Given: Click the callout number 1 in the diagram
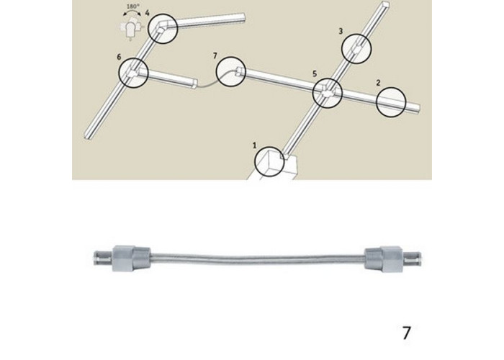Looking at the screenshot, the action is tap(255, 145).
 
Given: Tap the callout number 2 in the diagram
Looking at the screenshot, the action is tap(378, 83).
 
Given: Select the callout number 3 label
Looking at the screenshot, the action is tap(341, 31).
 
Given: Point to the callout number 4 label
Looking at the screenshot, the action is tap(147, 13).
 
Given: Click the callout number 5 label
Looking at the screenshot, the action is tap(315, 73).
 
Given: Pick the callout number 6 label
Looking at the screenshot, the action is tap(119, 57).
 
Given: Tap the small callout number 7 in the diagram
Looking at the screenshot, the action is tap(215, 55).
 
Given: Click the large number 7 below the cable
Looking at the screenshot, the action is tap(407, 333).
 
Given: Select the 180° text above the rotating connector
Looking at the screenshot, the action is tap(132, 6).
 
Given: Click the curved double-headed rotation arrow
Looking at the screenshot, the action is tap(132, 12).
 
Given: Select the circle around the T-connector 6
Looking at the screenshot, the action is tap(120, 72).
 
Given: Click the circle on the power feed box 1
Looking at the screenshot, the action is tap(255, 162).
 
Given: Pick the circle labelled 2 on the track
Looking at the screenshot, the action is tap(377, 102).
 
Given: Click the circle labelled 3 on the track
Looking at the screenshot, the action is tap(342, 48).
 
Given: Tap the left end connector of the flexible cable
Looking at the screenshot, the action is tap(122, 258).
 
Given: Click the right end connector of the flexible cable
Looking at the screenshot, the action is tap(393, 259).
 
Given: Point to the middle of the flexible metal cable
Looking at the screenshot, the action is tap(257, 258).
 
